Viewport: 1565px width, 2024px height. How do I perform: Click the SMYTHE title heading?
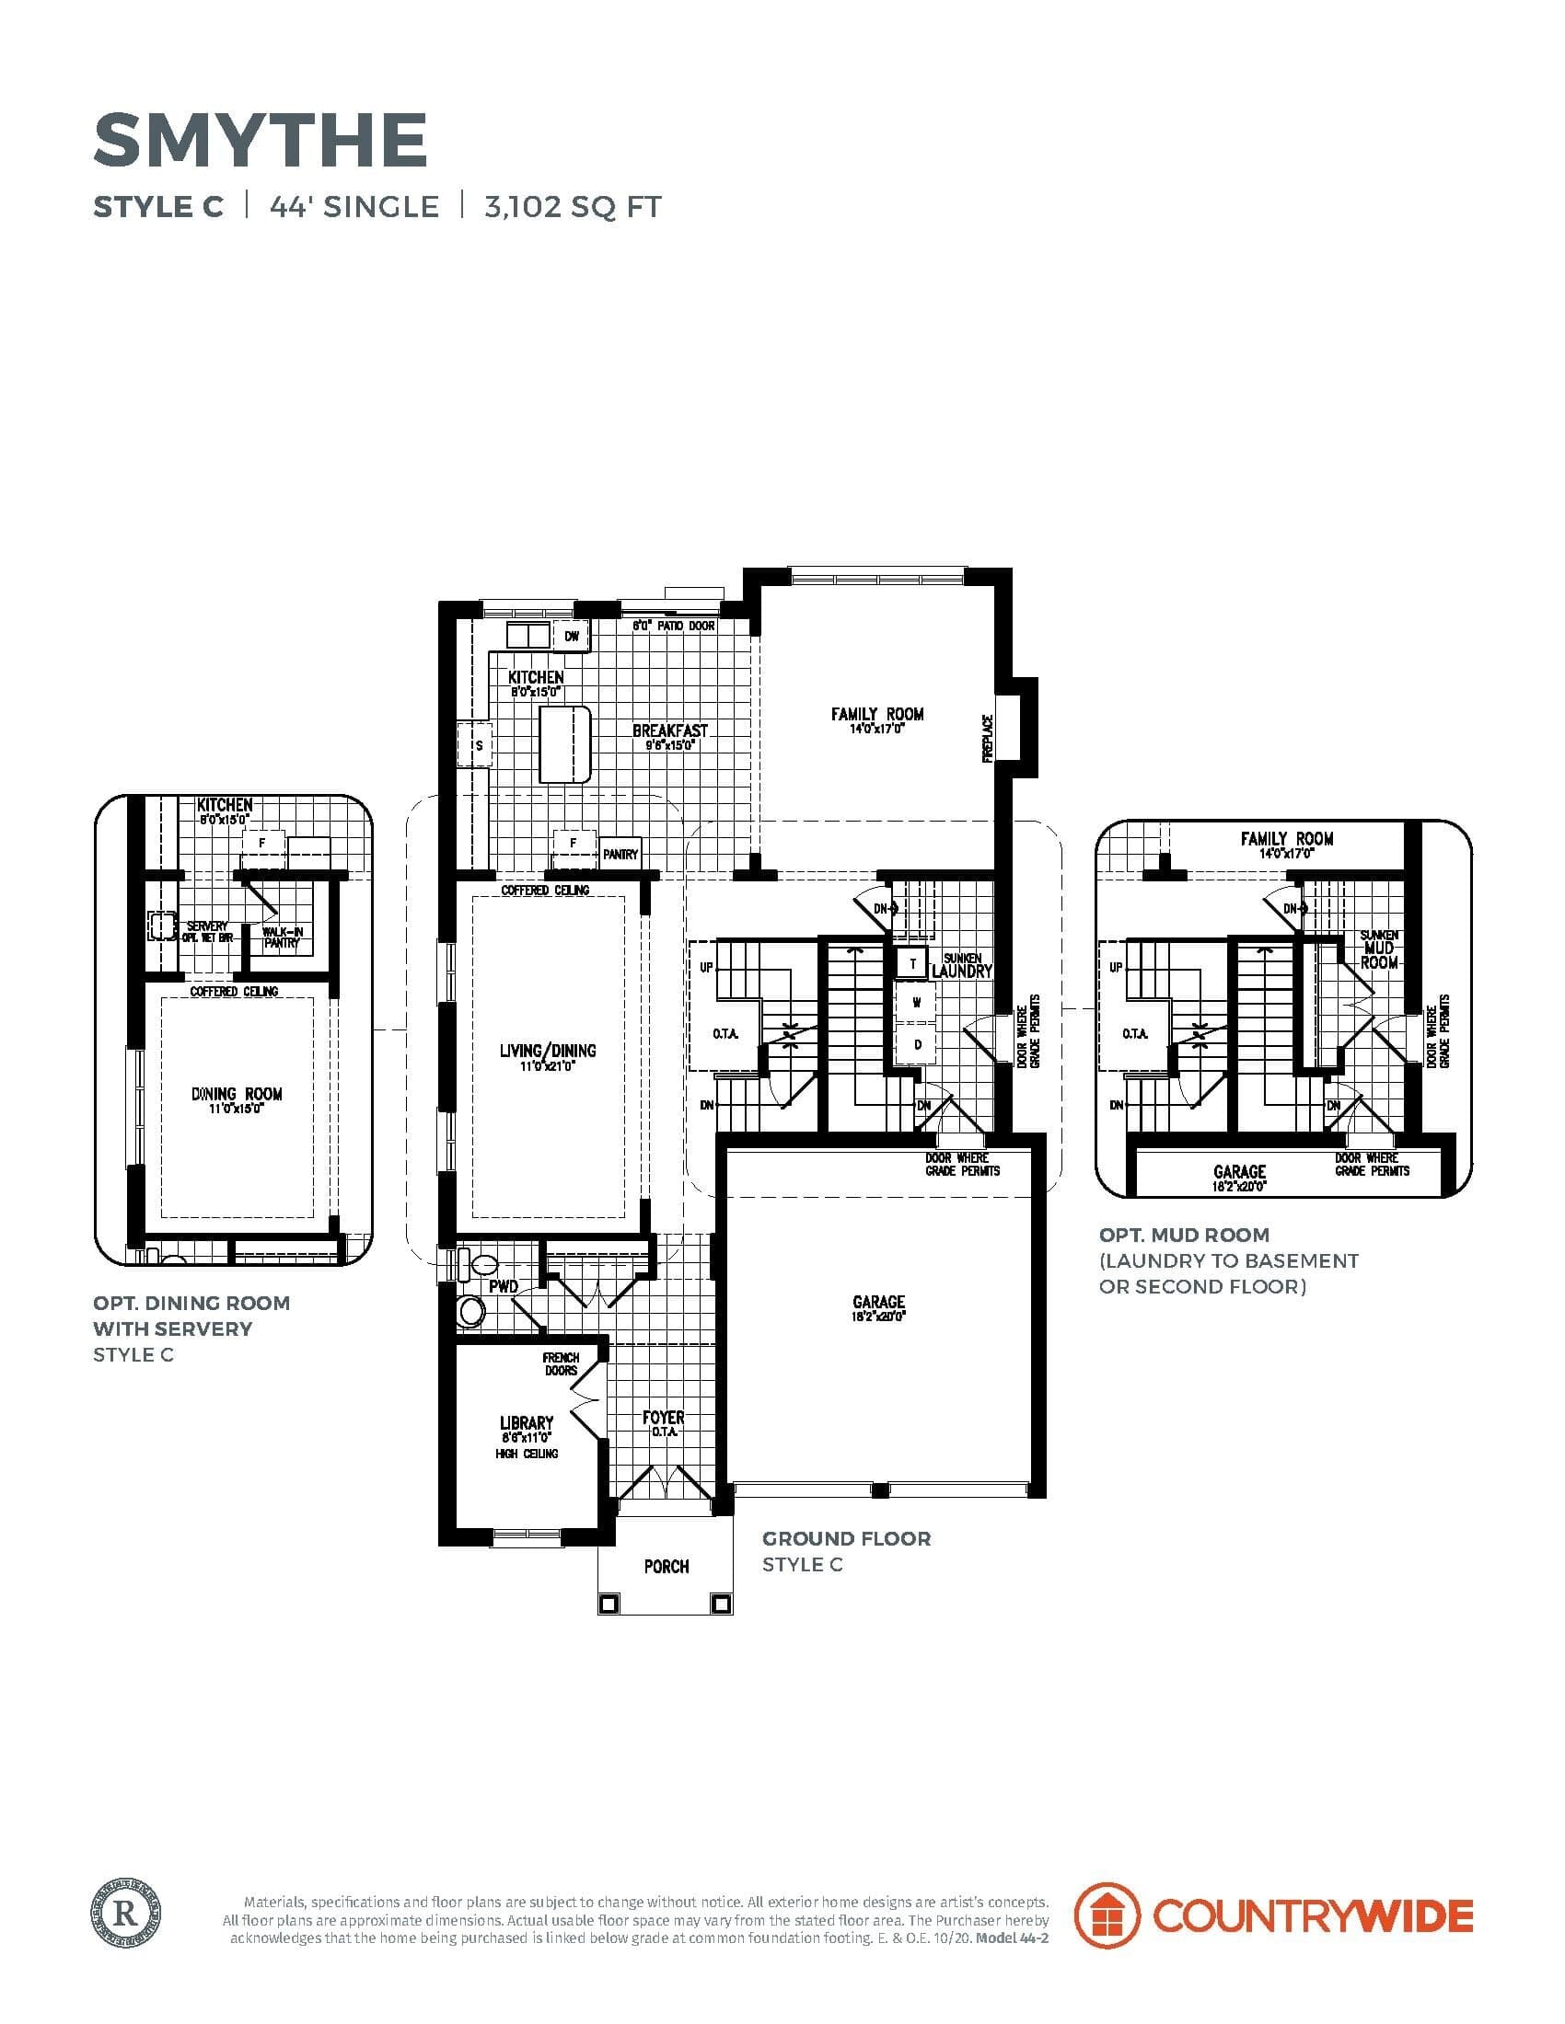pos(261,139)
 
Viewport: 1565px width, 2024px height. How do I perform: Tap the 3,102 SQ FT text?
pos(572,207)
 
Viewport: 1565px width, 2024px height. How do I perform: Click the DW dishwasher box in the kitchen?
pos(572,636)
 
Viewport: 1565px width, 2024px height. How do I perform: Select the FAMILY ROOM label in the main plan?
pos(876,714)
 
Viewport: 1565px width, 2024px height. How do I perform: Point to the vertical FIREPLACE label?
pos(988,739)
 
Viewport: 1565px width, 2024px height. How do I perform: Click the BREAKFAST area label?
pos(669,731)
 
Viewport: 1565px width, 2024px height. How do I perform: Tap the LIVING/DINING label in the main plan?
pos(547,1050)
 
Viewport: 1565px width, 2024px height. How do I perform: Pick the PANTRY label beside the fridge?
pos(620,855)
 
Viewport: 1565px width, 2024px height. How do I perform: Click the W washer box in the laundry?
pos(916,1003)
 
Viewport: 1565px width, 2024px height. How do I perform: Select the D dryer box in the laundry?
pos(918,1044)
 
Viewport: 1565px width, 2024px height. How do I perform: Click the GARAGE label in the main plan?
pos(877,1302)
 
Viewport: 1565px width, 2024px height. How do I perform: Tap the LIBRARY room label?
pos(526,1422)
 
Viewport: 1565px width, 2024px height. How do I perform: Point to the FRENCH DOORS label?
pos(560,1364)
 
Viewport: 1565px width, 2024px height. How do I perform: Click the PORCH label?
pos(667,1566)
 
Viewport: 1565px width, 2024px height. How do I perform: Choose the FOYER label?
pos(663,1418)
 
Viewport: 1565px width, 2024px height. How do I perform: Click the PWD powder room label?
pos(504,1287)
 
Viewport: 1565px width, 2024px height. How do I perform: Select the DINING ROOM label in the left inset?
pos(237,1094)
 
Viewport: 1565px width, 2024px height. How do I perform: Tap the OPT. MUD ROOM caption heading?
pos(1184,1235)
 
